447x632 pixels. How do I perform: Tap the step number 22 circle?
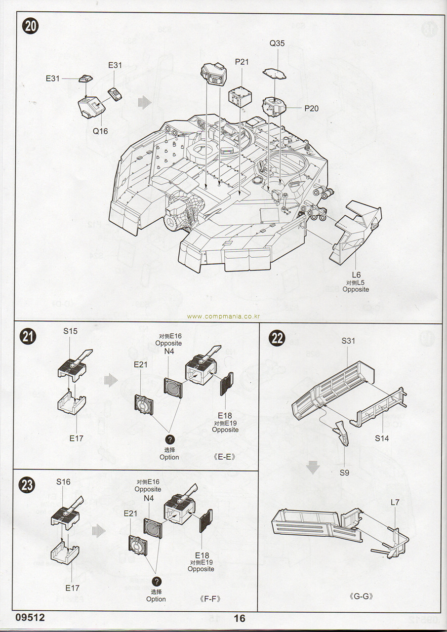278,339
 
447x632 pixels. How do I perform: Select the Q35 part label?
277,43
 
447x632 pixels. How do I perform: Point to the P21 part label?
242,62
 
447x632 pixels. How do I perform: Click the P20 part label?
311,109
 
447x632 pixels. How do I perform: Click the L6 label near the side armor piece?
356,275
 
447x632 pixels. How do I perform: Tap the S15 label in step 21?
70,331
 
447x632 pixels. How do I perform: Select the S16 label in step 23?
63,481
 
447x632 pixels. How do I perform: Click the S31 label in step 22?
348,341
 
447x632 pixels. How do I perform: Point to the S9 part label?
344,473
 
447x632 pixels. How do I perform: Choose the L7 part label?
395,502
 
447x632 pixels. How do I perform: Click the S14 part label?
382,438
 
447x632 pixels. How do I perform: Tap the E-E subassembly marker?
225,457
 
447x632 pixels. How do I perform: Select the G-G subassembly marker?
363,596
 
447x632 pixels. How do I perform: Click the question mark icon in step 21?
169,439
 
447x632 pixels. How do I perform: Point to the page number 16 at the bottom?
240,619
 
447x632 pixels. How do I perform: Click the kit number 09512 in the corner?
30,618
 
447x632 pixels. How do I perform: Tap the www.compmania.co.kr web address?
224,317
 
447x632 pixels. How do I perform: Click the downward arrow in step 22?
311,467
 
